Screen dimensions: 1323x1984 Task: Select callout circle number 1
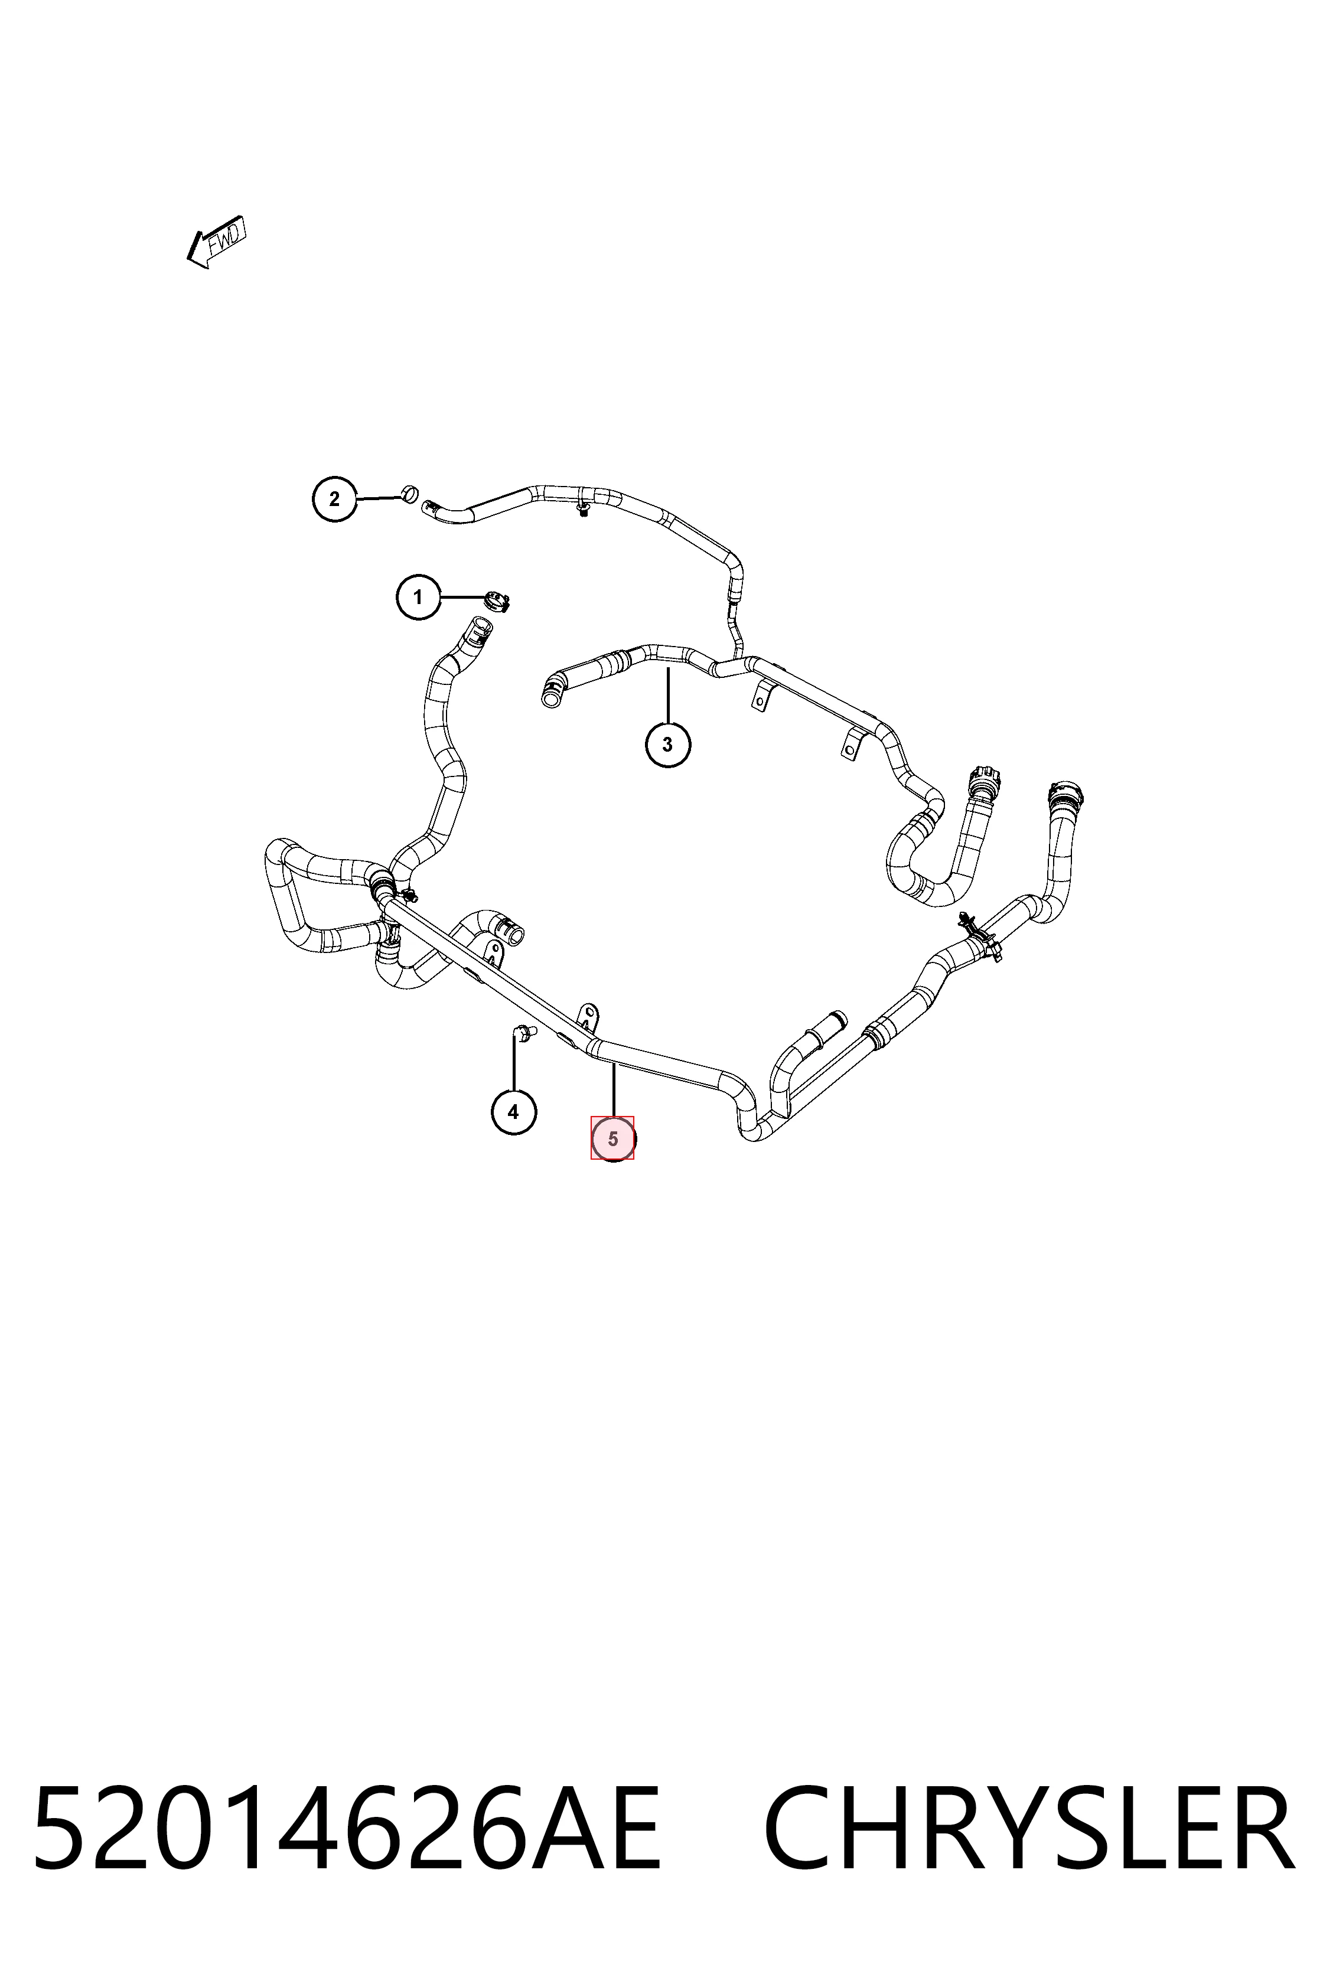pos(418,597)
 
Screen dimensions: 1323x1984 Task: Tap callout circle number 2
pos(334,500)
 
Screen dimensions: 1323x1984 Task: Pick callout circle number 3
pos(667,745)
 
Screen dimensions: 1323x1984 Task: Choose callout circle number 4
pos(513,1112)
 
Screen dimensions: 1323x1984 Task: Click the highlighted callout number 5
pos(612,1139)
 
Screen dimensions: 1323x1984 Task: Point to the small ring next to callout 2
pos(409,492)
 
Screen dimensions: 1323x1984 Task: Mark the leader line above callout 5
pos(614,1090)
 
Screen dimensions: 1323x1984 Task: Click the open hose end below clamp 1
pos(479,626)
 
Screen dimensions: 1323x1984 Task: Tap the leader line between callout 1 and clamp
pos(461,597)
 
